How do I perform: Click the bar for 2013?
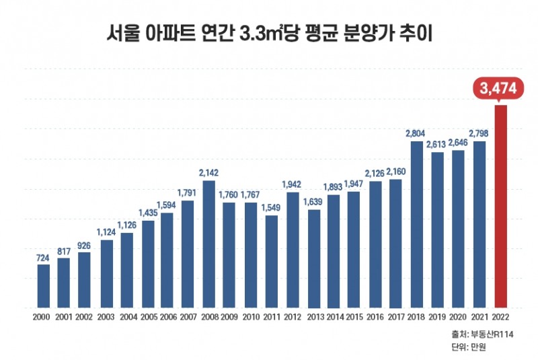(313, 258)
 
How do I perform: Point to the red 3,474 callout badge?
(500, 87)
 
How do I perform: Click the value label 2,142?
(209, 173)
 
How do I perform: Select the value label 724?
(43, 257)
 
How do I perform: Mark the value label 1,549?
(271, 208)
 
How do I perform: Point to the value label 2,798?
(479, 134)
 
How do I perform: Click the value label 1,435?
(147, 213)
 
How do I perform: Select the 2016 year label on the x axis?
(375, 316)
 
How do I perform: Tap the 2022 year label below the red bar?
(500, 316)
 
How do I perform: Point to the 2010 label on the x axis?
(251, 316)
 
